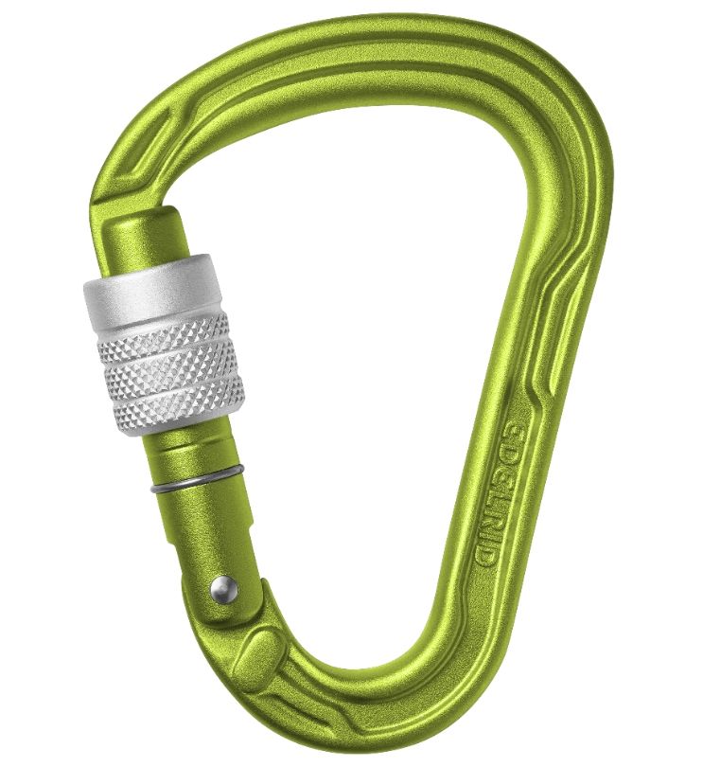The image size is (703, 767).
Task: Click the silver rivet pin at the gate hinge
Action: pos(220,589)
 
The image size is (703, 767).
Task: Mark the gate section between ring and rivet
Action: pos(203,530)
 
